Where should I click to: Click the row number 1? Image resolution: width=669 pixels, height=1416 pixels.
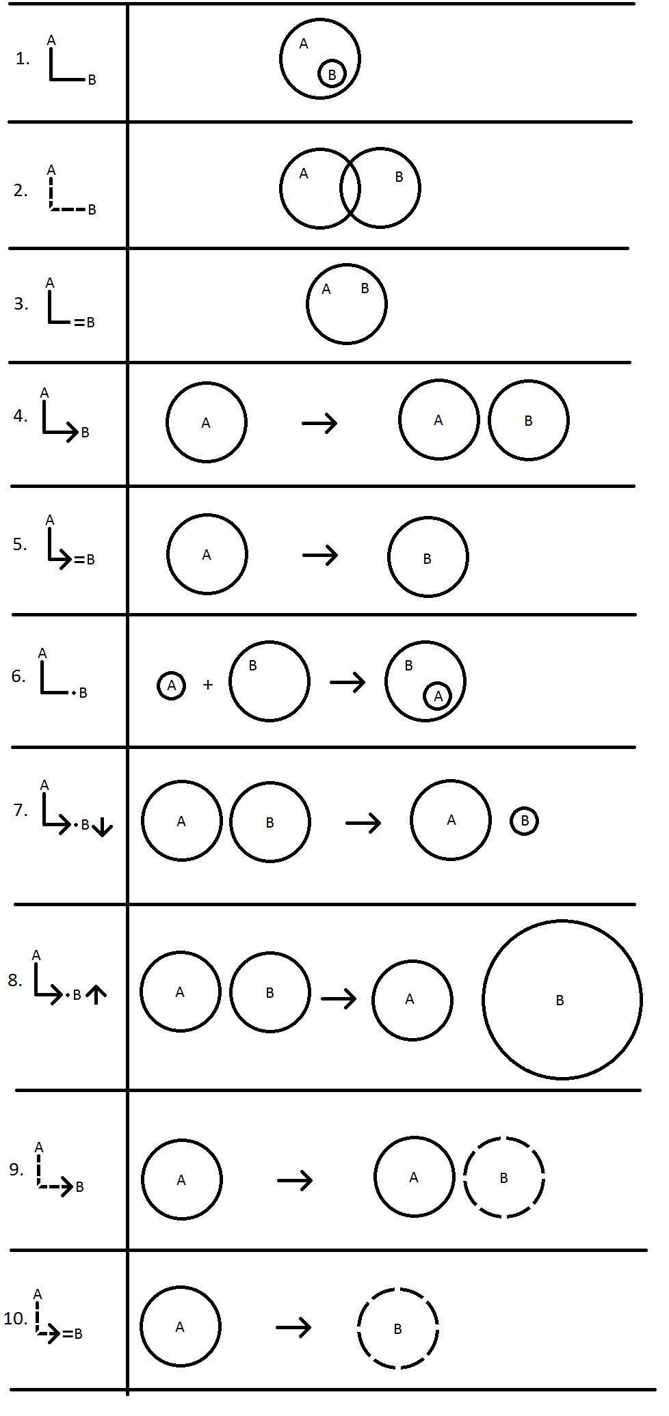click(x=22, y=59)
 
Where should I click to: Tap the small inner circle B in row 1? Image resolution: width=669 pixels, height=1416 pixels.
click(x=332, y=74)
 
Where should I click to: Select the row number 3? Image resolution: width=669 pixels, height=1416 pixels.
click(x=21, y=304)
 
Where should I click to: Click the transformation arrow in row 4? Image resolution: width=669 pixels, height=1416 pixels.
click(x=319, y=423)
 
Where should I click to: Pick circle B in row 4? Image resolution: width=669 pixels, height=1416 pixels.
click(x=529, y=420)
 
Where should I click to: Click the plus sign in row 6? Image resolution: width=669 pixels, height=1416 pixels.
click(x=208, y=684)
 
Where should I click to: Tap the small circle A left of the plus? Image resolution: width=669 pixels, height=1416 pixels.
click(x=172, y=685)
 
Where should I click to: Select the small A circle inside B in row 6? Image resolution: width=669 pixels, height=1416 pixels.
click(x=438, y=696)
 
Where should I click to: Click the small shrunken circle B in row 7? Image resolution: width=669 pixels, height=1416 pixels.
click(x=525, y=821)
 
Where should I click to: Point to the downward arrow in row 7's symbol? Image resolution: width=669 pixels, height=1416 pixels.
click(x=103, y=828)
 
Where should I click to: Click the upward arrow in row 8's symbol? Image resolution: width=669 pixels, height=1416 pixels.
click(x=96, y=994)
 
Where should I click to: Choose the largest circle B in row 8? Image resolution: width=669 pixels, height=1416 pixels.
click(x=562, y=1000)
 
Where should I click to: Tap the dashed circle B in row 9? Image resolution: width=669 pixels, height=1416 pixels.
click(x=504, y=1177)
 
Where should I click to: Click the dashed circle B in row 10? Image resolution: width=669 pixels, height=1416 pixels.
click(x=397, y=1329)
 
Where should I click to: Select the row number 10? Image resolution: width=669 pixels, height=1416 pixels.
click(x=15, y=1319)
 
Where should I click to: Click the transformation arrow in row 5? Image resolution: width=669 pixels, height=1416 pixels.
click(x=320, y=555)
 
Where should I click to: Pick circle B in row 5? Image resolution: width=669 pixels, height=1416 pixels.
click(x=428, y=558)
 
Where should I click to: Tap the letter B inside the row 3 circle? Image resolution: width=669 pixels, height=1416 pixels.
click(x=365, y=288)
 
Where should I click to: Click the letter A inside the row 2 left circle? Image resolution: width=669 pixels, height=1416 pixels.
click(x=304, y=174)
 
